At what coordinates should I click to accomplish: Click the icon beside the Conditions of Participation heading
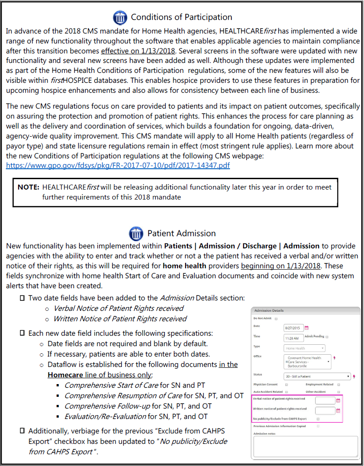(x=120, y=18)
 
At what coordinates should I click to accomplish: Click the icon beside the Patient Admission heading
(x=136, y=233)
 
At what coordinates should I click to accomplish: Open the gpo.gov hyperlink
(x=118, y=165)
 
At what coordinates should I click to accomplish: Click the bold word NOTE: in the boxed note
(x=29, y=187)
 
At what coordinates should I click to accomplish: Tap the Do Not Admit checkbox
(x=276, y=319)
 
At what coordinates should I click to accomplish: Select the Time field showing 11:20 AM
(x=293, y=338)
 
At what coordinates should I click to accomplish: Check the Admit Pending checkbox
(x=327, y=337)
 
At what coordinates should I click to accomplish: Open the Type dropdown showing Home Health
(x=305, y=348)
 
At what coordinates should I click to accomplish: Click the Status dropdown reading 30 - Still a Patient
(x=317, y=376)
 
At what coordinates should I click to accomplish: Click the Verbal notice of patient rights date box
(x=325, y=400)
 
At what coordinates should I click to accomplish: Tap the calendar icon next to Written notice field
(x=338, y=411)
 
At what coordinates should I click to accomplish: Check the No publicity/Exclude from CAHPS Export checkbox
(x=318, y=419)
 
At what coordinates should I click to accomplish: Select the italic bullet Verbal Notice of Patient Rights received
(x=119, y=308)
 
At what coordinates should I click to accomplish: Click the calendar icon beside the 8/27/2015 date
(x=306, y=328)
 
